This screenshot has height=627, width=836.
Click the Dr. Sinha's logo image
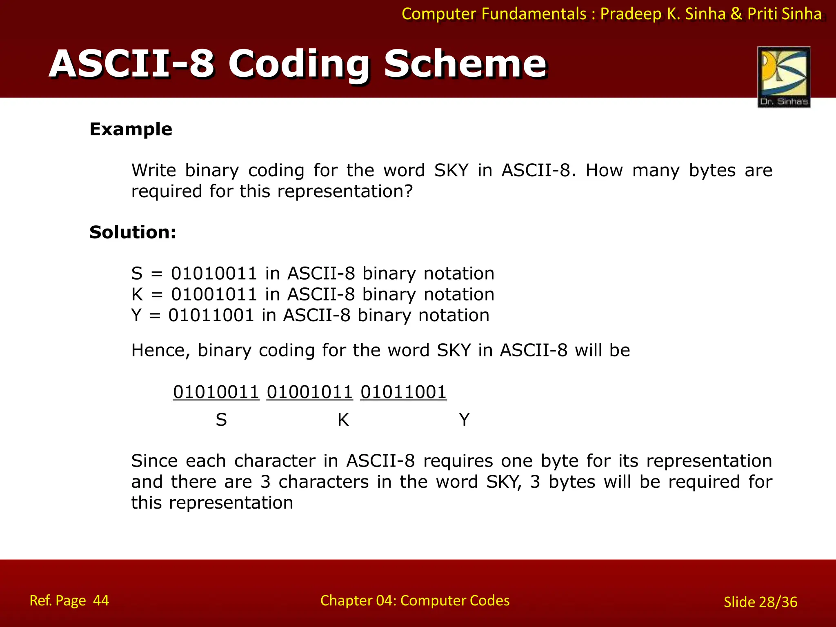784,77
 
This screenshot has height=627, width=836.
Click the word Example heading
131,129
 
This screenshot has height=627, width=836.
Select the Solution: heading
133,232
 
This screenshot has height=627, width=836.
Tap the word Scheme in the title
465,64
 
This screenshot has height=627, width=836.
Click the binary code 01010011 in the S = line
214,273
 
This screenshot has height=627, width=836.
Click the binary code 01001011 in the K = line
214,294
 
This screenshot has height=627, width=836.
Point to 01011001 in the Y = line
211,316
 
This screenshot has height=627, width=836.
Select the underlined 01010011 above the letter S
216,392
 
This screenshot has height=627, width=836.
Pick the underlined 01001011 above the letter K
309,392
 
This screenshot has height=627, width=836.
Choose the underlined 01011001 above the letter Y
403,392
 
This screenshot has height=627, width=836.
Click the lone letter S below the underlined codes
221,420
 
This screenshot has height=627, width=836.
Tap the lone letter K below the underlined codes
343,420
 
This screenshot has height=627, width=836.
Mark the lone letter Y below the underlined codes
464,420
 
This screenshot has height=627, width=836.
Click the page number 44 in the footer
101,600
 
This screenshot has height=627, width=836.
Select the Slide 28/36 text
760,602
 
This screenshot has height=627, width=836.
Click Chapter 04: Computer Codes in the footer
415,600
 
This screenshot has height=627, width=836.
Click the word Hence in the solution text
160,350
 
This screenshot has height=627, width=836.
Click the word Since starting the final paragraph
154,461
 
